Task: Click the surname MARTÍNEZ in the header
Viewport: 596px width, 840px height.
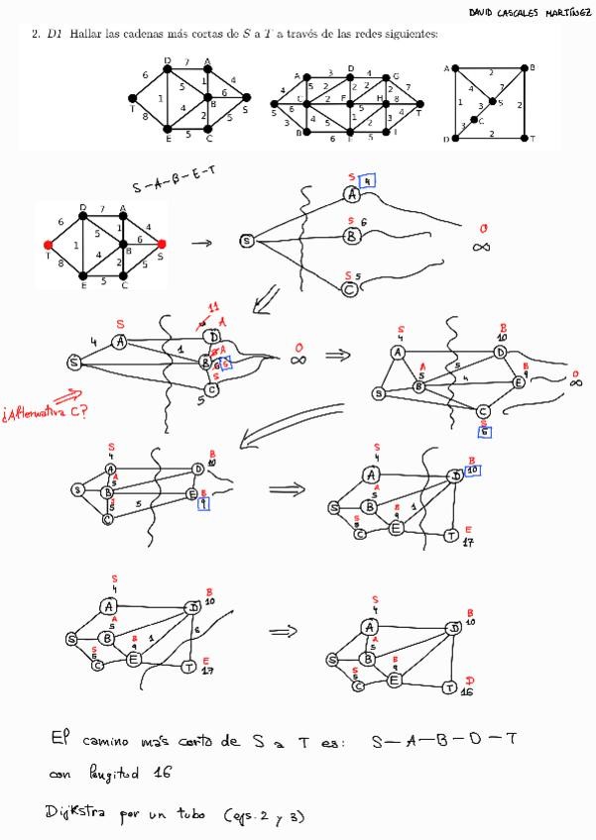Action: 560,12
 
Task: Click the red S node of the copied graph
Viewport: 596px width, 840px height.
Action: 161,243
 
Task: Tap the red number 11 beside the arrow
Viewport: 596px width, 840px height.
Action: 211,308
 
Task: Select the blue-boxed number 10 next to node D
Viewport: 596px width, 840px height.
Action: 474,470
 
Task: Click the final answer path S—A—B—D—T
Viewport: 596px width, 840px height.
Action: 443,739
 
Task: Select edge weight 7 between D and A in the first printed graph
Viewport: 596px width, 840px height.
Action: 185,63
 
